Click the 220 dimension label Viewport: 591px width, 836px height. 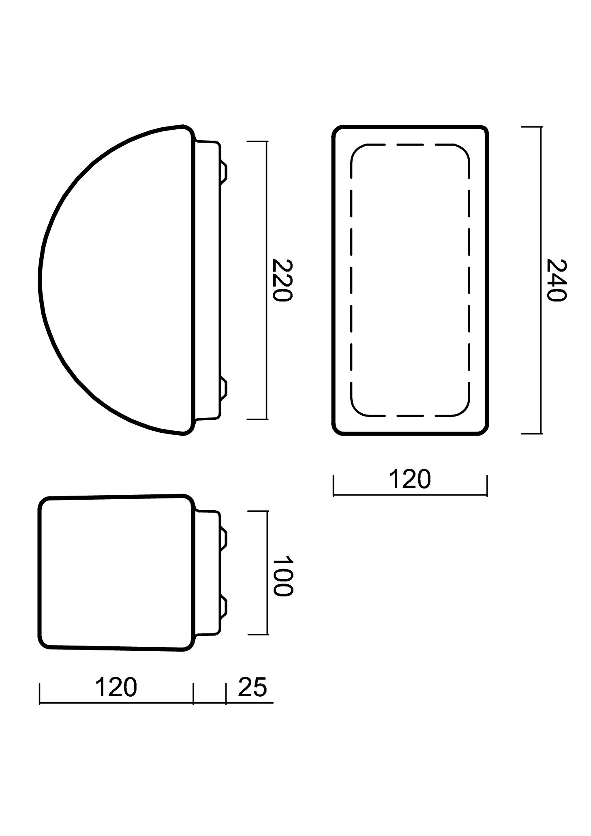282,280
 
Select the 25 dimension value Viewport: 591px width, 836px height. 253,687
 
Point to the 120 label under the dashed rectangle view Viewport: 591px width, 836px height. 409,479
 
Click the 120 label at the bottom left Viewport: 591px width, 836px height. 116,687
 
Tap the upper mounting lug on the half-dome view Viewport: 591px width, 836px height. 223,172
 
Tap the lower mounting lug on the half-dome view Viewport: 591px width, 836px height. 223,388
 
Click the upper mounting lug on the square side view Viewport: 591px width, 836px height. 223,538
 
